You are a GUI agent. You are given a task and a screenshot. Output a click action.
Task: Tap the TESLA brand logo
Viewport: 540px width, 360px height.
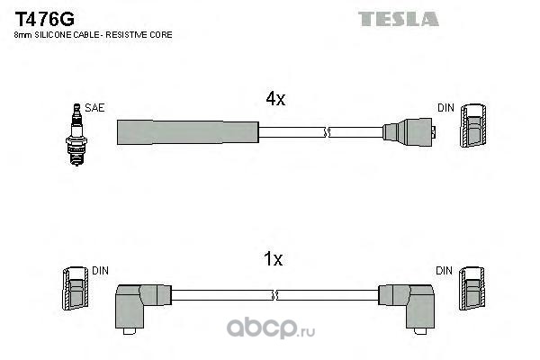pos(398,18)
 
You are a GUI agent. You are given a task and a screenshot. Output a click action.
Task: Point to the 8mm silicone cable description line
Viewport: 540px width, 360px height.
pos(93,34)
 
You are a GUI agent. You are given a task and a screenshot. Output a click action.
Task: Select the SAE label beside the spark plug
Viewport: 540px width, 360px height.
pos(95,107)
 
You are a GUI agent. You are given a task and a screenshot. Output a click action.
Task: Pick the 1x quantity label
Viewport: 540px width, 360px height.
pos(274,260)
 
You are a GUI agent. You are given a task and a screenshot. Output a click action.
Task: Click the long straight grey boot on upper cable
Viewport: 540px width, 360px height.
pos(187,132)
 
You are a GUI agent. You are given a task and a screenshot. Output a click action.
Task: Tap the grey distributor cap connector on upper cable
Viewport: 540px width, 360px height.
pos(409,132)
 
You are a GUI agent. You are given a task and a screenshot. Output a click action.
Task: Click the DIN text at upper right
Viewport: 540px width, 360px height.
pos(445,108)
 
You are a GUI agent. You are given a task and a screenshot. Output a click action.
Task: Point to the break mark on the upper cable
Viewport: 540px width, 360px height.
pos(328,133)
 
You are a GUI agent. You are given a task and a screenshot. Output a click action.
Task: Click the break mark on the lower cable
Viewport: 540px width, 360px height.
pos(275,294)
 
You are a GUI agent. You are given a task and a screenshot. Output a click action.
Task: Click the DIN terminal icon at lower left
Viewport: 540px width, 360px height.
pos(74,290)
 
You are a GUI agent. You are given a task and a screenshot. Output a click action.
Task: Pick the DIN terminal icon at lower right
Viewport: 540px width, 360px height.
pos(472,290)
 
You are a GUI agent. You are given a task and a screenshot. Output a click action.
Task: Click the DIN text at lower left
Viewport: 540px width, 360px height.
pos(100,269)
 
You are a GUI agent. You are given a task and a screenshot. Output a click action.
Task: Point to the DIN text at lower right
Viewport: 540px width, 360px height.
pos(445,269)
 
